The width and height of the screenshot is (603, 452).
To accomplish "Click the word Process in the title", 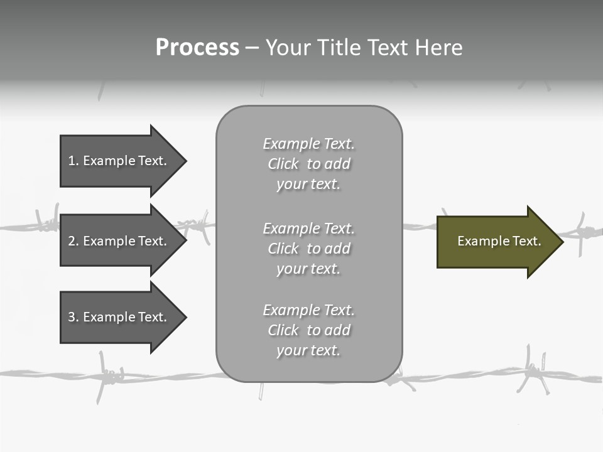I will [197, 48].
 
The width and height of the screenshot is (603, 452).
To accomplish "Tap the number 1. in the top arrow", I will [73, 161].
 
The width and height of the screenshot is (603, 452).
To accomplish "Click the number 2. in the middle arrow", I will [73, 241].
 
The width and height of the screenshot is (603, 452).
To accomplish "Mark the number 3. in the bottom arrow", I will [73, 317].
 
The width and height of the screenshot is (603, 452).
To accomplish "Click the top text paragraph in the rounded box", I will [308, 164].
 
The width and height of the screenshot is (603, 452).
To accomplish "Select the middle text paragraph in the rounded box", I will [308, 249].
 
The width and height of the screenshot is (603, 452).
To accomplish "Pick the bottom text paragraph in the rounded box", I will [308, 330].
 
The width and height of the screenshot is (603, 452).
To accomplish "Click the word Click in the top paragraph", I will [283, 164].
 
